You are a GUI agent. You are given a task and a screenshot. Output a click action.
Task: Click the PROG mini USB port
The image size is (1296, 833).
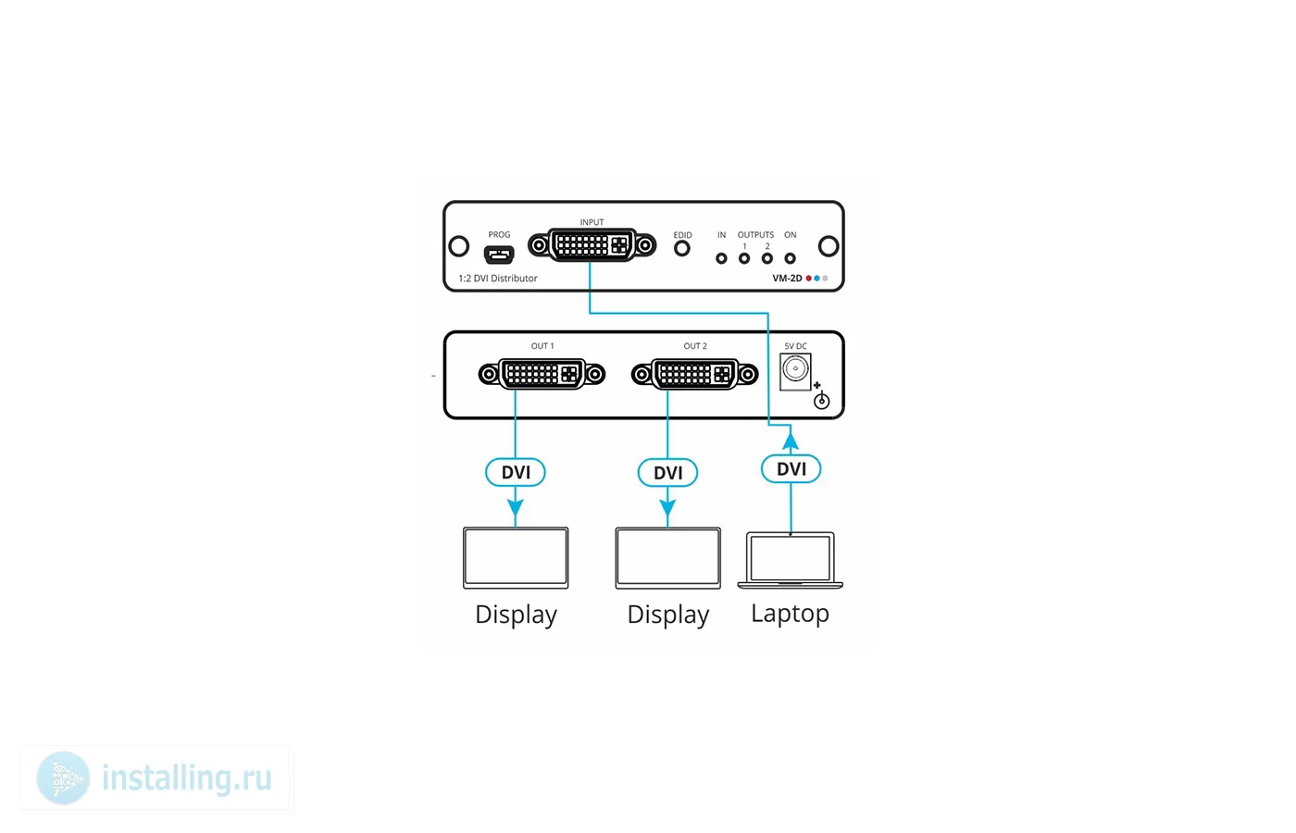tap(499, 254)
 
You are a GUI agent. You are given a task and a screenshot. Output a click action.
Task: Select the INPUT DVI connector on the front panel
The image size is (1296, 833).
tap(592, 245)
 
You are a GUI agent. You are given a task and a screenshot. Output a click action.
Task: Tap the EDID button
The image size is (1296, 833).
tap(682, 248)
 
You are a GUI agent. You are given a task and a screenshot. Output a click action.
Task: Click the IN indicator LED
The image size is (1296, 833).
tap(721, 258)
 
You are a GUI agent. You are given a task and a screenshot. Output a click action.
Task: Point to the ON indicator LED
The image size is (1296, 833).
tap(790, 258)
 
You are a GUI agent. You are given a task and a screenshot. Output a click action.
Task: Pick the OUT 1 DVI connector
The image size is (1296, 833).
tap(542, 374)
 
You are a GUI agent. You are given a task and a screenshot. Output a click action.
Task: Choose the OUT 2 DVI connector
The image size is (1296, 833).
tap(695, 374)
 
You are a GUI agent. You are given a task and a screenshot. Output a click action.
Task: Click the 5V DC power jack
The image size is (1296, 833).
tap(795, 371)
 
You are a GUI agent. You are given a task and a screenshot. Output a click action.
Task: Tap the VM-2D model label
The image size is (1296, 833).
tap(787, 279)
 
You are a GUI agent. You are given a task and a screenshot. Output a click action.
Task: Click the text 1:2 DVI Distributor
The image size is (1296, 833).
tap(498, 279)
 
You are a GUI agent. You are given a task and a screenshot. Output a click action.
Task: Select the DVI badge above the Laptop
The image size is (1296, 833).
tap(791, 468)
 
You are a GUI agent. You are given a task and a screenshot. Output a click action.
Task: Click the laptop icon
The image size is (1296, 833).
tap(791, 560)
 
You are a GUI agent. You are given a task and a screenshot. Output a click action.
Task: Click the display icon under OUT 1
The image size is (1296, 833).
tap(516, 557)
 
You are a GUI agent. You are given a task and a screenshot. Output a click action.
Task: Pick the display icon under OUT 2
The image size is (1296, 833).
tap(667, 557)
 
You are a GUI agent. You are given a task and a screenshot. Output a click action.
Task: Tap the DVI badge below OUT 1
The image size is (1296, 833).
tap(516, 472)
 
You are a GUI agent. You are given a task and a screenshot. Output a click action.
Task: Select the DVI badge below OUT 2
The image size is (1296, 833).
tap(667, 473)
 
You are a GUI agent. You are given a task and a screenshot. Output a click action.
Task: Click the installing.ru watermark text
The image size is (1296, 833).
tap(187, 778)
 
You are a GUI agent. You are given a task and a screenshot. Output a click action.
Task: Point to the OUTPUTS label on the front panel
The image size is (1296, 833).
tap(755, 235)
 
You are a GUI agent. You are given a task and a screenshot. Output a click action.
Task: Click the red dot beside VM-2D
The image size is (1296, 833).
tap(808, 279)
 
